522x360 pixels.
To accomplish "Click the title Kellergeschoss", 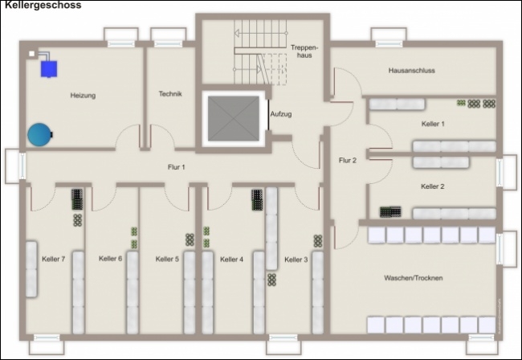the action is click(x=43, y=5).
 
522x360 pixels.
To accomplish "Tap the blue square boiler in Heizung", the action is click(x=49, y=69).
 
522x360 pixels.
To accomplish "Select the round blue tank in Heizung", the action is click(x=39, y=134).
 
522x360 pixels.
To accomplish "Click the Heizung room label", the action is click(x=83, y=96).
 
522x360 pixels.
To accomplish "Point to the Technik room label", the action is click(x=170, y=94).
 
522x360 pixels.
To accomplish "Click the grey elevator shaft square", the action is click(x=234, y=118).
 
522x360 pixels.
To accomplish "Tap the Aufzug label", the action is click(x=281, y=114).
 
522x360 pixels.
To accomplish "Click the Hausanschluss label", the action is click(x=411, y=70).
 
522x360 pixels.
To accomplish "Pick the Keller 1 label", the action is click(x=433, y=124).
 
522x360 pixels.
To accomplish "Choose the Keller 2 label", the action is click(x=432, y=186).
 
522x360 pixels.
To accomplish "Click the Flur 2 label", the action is click(x=348, y=161).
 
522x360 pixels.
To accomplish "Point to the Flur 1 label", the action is click(x=176, y=167).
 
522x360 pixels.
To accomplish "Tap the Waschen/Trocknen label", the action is click(x=413, y=278).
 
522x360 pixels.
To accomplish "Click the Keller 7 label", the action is click(x=54, y=259).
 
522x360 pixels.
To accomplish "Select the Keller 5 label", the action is click(x=167, y=259).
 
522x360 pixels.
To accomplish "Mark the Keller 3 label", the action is click(x=296, y=260).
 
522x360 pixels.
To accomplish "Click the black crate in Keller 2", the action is click(x=390, y=212).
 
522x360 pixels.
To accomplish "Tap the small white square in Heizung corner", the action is click(x=31, y=54).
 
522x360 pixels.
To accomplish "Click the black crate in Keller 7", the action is click(x=77, y=199).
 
